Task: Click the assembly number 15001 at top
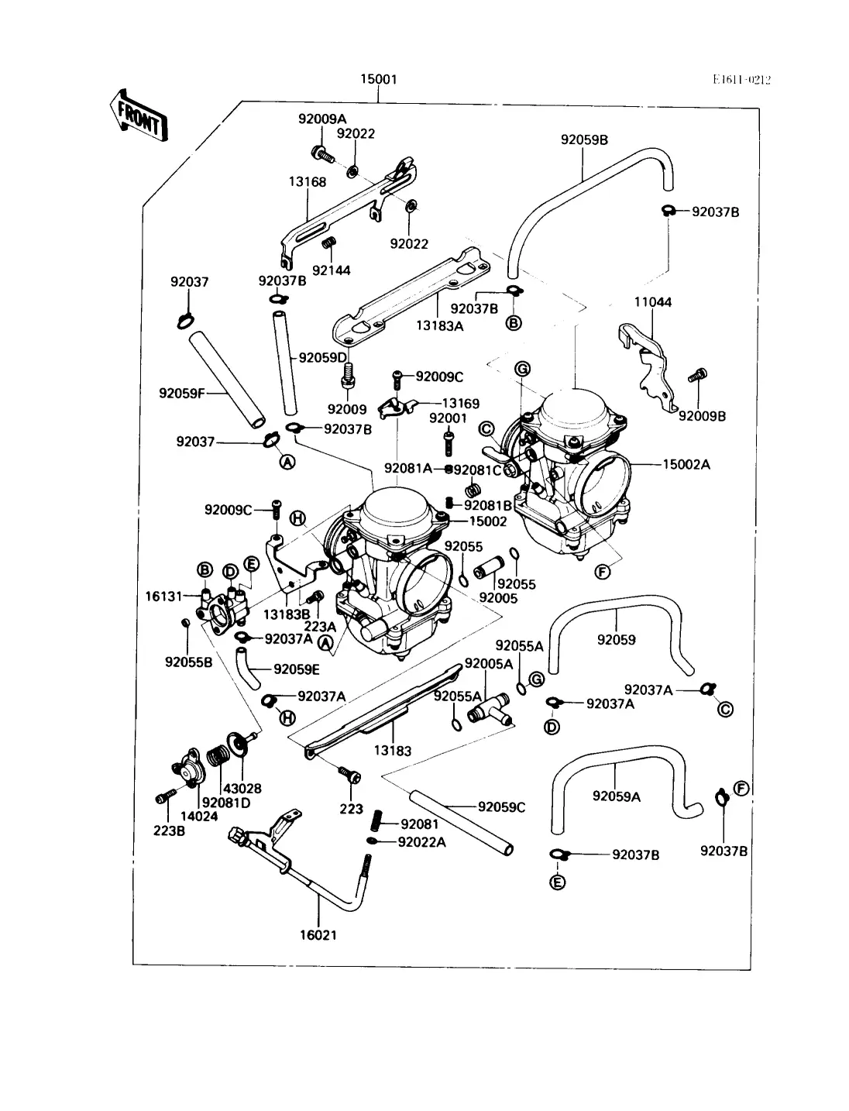pyautogui.click(x=379, y=79)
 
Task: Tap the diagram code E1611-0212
pyautogui.click(x=742, y=79)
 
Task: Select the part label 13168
pyautogui.click(x=308, y=182)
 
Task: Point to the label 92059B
pyautogui.click(x=584, y=139)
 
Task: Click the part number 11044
pyautogui.click(x=653, y=302)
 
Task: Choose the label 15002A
pyautogui.click(x=686, y=465)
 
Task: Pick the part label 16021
pyautogui.click(x=318, y=934)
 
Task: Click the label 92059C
pyautogui.click(x=501, y=807)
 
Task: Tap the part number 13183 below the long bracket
pyautogui.click(x=393, y=750)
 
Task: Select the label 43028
pyautogui.click(x=242, y=789)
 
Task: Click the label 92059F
pyautogui.click(x=182, y=393)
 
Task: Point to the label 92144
pyautogui.click(x=331, y=270)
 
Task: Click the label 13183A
pyautogui.click(x=439, y=326)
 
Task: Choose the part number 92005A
pyautogui.click(x=488, y=664)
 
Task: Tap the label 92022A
pyautogui.click(x=421, y=842)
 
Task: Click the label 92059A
pyautogui.click(x=617, y=796)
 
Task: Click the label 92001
pyautogui.click(x=448, y=418)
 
